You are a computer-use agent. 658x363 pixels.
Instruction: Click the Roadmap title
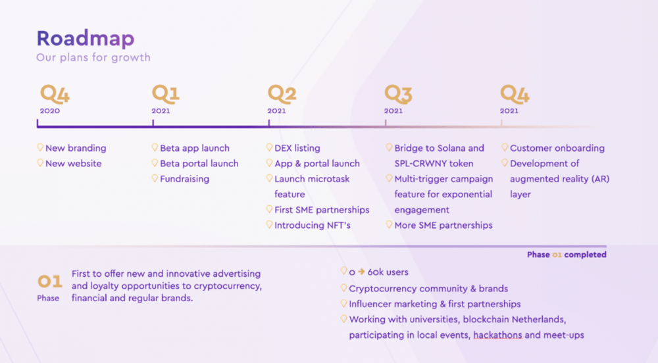pos(86,39)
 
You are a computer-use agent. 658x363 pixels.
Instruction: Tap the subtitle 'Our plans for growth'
pos(93,57)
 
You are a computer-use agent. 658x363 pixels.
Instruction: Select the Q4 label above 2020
pos(55,94)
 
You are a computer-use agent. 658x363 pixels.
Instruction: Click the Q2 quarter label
pos(282,94)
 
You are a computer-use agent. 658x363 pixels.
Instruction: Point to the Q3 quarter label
pos(398,94)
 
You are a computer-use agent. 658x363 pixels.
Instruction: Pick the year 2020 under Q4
pos(50,111)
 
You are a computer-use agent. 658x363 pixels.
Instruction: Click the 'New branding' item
pos(76,148)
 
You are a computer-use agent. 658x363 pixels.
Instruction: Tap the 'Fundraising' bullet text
pos(184,179)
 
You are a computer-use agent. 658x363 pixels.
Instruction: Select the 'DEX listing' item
pos(297,148)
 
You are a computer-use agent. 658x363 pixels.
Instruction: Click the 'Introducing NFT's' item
pos(312,225)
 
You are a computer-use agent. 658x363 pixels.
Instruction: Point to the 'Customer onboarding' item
pos(557,148)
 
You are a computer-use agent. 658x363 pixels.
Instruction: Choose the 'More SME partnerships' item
pos(443,225)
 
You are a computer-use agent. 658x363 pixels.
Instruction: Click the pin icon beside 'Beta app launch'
pos(155,147)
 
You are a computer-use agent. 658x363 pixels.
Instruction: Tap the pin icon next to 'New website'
pos(40,162)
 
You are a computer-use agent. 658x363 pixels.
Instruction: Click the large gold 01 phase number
pos(50,281)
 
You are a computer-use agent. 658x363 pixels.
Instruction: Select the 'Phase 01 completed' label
pos(567,254)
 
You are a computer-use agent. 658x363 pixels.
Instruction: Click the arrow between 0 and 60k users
pos(361,272)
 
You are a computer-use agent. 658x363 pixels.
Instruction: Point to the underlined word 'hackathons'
pos(497,335)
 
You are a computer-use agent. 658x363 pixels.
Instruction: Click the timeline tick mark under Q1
pos(153,123)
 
